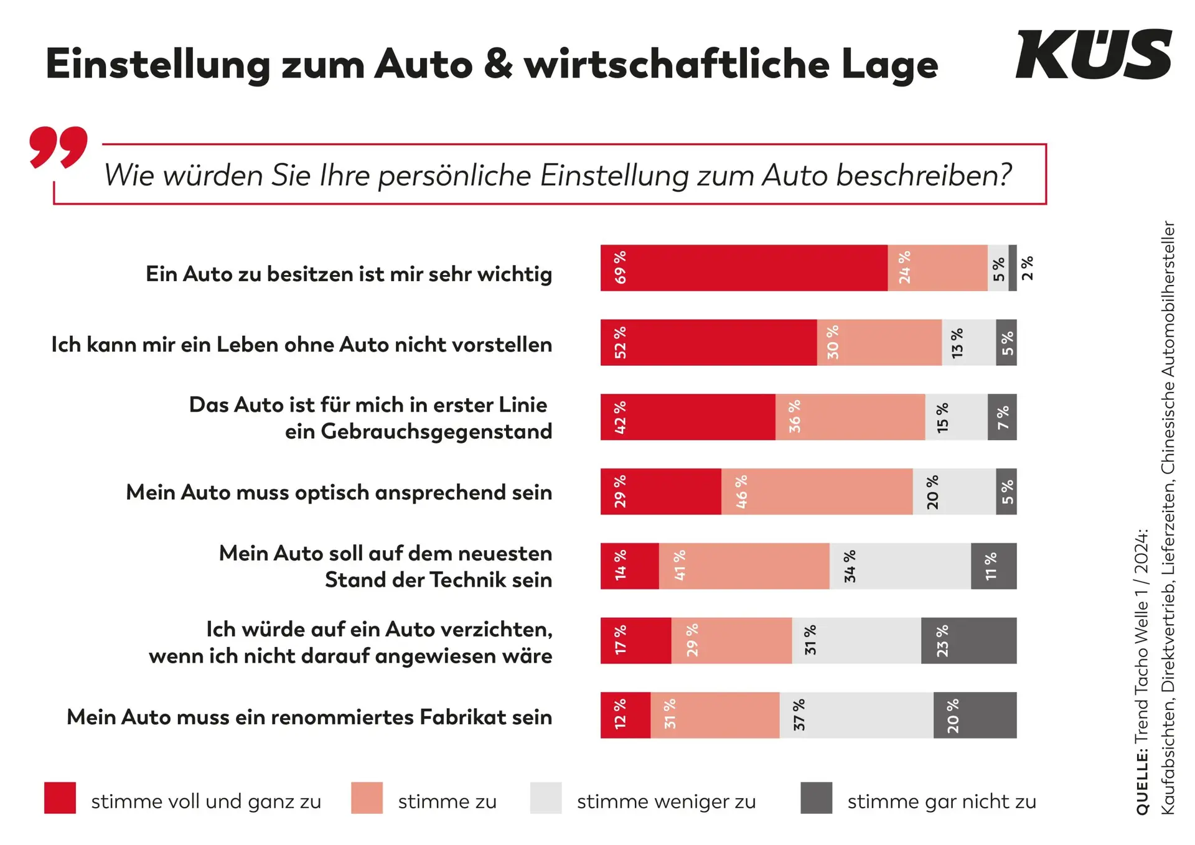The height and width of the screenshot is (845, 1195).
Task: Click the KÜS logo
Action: tap(1093, 55)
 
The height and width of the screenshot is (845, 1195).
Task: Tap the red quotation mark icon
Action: tap(59, 147)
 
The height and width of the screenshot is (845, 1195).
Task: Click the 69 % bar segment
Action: tap(744, 268)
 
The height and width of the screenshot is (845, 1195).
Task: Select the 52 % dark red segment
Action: tap(708, 343)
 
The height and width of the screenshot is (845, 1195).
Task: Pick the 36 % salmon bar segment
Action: tap(850, 417)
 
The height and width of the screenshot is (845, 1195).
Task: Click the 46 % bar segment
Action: tap(817, 492)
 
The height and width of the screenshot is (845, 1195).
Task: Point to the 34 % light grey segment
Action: tap(900, 566)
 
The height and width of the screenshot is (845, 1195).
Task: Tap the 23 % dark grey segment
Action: tap(968, 641)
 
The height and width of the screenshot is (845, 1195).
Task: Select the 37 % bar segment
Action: tap(856, 716)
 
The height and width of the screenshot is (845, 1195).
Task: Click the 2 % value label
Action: tap(1028, 268)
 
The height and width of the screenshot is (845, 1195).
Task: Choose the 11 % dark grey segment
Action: tap(993, 566)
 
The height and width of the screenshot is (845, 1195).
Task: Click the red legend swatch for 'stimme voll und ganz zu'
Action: tap(60, 798)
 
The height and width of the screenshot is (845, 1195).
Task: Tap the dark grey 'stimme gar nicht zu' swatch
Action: tap(816, 798)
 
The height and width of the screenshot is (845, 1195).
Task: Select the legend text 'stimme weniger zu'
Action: tap(666, 801)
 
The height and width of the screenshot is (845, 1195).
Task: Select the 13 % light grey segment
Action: tap(968, 343)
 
